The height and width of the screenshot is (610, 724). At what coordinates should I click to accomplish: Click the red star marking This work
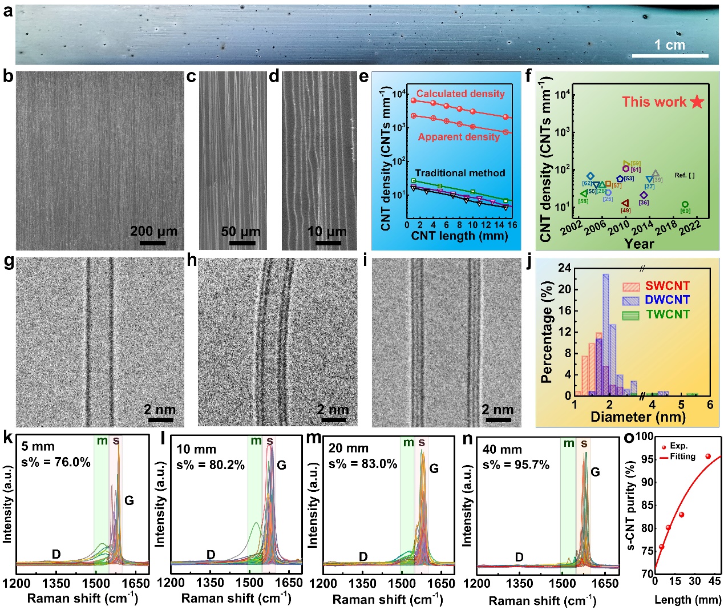[697, 102]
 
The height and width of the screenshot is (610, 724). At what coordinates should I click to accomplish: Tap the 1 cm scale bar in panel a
[670, 55]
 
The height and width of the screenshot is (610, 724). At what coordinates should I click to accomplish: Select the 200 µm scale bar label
[153, 231]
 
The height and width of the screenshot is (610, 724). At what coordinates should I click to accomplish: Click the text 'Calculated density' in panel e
[460, 94]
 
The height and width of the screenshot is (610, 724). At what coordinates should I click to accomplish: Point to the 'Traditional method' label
[460, 173]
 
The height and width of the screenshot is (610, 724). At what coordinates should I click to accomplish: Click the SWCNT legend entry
[667, 286]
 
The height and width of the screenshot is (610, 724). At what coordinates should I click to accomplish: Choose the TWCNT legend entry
[668, 314]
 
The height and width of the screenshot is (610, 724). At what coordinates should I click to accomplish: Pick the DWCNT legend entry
[667, 300]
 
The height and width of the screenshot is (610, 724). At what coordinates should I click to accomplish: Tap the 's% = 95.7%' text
[516, 464]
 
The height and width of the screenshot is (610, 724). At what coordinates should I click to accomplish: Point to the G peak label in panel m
[434, 468]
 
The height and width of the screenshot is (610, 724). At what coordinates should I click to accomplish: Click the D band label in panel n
[519, 557]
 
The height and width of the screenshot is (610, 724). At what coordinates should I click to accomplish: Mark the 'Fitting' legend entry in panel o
[682, 457]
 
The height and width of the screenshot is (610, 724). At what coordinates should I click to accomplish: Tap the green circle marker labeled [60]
[685, 204]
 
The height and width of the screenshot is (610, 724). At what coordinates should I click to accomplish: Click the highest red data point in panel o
[708, 457]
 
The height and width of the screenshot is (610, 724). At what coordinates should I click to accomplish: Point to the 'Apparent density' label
[459, 137]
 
